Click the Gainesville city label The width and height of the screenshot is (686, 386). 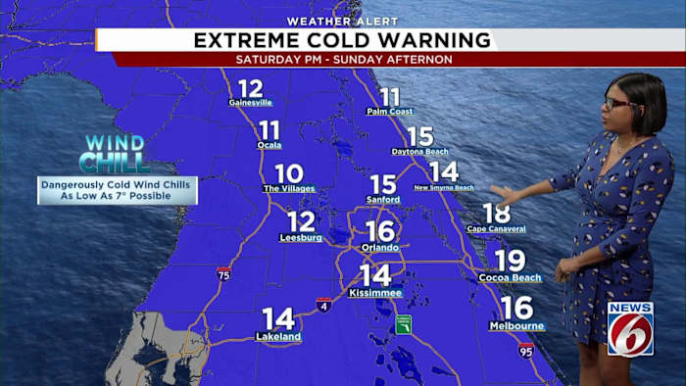(250, 102)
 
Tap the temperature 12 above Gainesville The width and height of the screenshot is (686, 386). (250, 88)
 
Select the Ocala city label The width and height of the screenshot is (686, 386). (269, 145)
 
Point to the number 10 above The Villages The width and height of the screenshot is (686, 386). (288, 173)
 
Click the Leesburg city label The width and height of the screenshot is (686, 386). (301, 237)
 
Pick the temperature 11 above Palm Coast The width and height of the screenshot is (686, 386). (390, 97)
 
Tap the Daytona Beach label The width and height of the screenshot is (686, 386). (419, 152)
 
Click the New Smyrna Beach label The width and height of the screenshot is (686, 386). (444, 187)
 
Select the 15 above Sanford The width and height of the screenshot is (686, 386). (383, 184)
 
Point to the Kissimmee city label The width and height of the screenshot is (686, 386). (375, 293)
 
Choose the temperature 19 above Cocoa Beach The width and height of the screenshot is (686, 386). (510, 261)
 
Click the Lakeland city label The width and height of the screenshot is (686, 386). (278, 337)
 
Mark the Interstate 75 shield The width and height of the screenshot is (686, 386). (224, 274)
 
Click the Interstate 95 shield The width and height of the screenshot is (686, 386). (526, 350)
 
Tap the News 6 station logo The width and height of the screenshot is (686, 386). (630, 328)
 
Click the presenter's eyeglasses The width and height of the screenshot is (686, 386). (621, 102)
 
